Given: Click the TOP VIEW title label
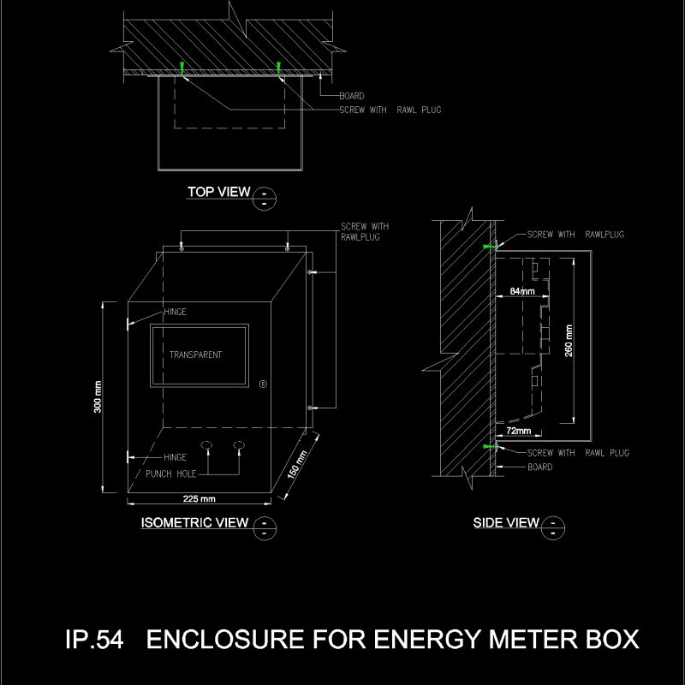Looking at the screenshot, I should coord(218,192).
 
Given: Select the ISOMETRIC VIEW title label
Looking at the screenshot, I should coord(194,522).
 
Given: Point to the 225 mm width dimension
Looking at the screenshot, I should coord(199,498).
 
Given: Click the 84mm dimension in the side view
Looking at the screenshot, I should coord(521,291).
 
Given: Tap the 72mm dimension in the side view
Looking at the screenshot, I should coord(519,430).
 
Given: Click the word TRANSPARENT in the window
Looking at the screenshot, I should coord(195,354).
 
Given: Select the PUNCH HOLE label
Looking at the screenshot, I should coord(170,474).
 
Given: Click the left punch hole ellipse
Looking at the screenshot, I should coord(206,444).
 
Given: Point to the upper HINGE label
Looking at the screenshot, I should coord(175,313).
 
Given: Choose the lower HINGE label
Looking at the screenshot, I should coord(175,457).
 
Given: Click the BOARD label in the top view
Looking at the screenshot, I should coord(351,96).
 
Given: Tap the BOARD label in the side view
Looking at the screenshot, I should coord(539,468).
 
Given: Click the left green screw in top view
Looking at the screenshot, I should coord(182,67).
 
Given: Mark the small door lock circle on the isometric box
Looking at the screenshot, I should coord(263,383).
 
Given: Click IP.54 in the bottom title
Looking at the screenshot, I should coord(94,640).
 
